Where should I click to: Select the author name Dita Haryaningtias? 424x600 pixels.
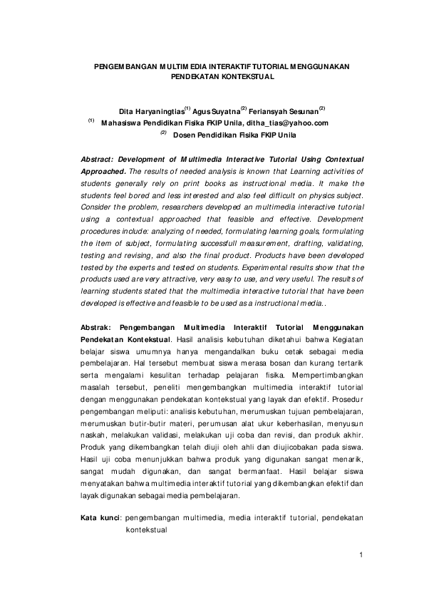pos(151,110)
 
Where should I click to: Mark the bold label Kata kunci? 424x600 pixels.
pos(98,517)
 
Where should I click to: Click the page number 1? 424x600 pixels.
pos(362,554)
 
